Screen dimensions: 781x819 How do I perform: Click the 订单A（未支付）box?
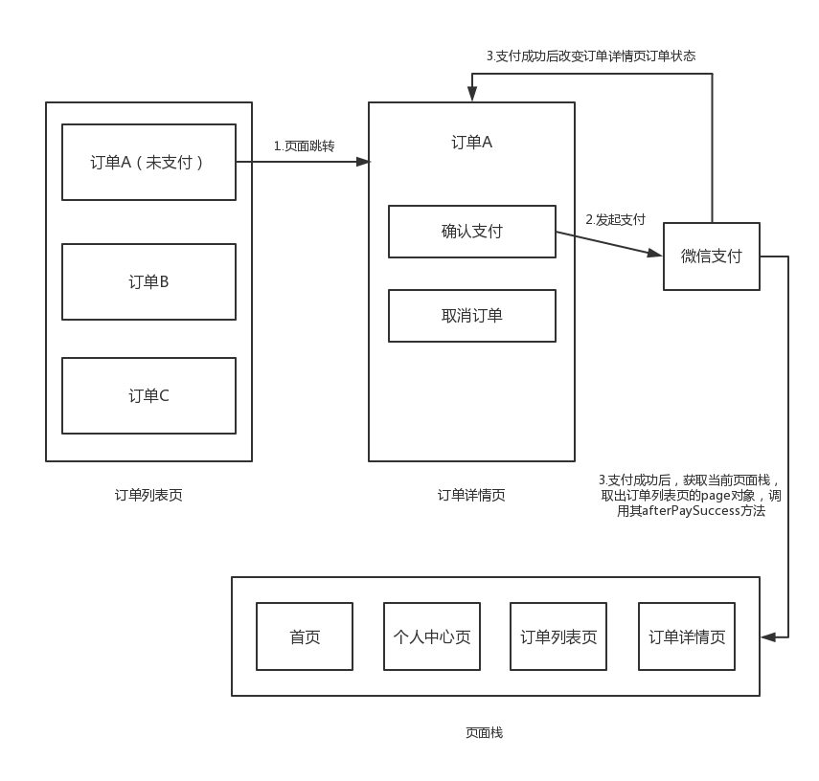tap(148, 162)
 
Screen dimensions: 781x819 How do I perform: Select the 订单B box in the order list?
tap(148, 281)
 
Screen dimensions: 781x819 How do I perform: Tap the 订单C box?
tap(148, 395)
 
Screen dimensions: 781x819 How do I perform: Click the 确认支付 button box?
tap(471, 232)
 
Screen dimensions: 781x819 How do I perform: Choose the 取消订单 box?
tap(471, 316)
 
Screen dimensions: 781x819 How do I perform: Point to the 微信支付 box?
tap(711, 257)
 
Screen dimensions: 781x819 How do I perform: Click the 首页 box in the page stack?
tap(305, 636)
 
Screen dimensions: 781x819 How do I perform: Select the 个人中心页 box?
tap(432, 636)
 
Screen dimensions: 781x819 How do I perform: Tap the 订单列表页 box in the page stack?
tap(558, 636)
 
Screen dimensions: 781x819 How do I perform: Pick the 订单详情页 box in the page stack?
tap(686, 636)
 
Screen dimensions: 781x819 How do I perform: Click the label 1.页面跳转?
tap(304, 145)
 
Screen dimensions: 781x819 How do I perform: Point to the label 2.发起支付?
tap(615, 219)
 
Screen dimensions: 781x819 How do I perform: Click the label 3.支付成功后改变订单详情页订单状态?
tap(590, 56)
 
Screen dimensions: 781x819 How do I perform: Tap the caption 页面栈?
tap(484, 732)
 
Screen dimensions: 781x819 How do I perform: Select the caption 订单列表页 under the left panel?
tap(148, 495)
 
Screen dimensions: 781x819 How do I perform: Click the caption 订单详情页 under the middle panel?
tap(471, 495)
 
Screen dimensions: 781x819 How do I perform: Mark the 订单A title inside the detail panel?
tap(471, 143)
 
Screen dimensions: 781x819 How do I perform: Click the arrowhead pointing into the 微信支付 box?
tap(655, 254)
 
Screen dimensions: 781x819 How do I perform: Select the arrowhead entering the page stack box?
tap(767, 636)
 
